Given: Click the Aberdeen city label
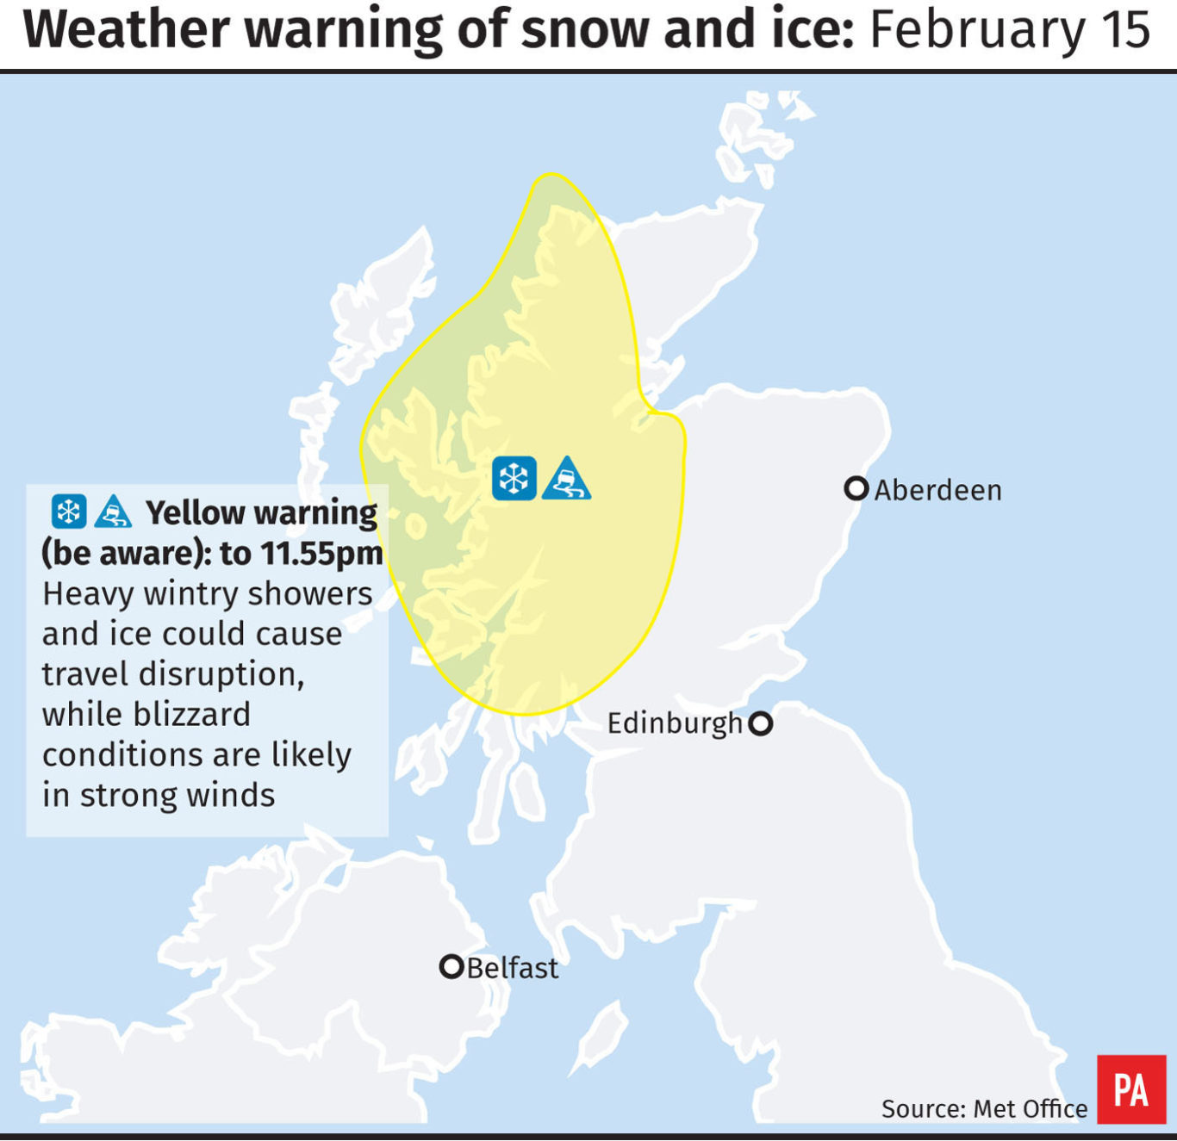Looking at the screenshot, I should point(937,490).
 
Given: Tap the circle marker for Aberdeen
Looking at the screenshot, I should point(856,488).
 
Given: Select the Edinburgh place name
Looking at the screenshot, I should point(675,723).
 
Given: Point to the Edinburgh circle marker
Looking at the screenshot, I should point(760,723).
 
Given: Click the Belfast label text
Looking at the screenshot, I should point(513,968).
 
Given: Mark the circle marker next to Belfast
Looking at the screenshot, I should point(451,966).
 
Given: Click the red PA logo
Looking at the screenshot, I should point(1130,1089).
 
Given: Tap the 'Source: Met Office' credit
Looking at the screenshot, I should point(984,1108).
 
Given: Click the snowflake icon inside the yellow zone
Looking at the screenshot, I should point(514,479).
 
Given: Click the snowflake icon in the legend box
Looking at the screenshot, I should point(69,512).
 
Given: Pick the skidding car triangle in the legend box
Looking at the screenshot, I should point(112,512).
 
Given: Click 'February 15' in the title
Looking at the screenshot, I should point(1010,30).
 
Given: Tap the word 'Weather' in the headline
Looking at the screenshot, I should point(126,30).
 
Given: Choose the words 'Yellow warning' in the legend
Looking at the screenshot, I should point(261,513).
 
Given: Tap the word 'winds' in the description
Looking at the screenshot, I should point(231,796).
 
